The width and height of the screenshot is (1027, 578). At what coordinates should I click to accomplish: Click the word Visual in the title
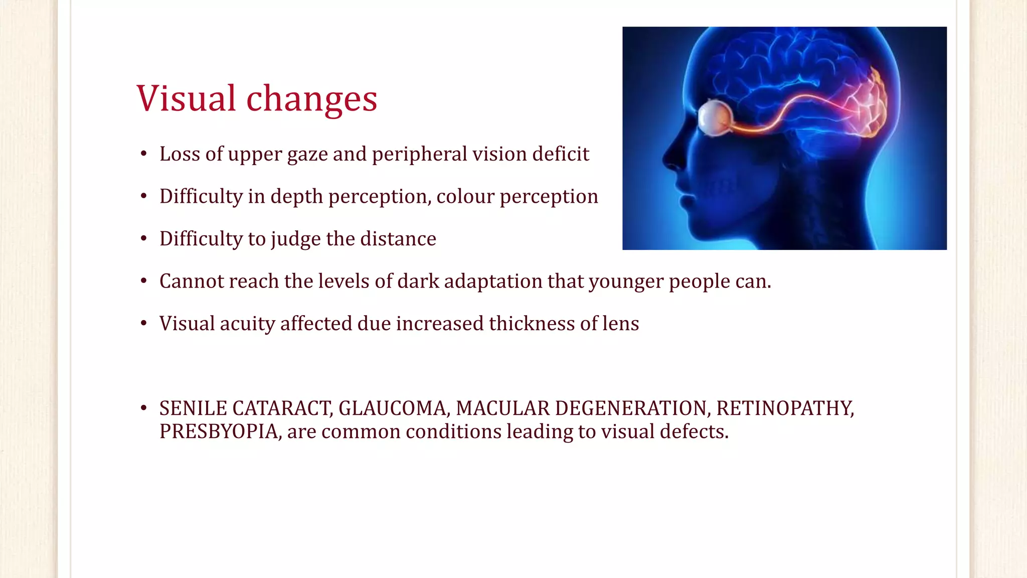tap(186, 98)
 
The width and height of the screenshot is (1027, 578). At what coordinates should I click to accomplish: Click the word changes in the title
tap(311, 99)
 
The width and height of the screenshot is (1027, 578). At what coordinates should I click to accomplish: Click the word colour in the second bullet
tap(465, 197)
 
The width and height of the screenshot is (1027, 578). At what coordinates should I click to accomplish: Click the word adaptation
tap(493, 281)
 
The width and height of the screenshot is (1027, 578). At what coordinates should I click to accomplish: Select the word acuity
tap(247, 324)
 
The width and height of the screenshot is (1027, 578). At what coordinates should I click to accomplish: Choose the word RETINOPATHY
tap(785, 408)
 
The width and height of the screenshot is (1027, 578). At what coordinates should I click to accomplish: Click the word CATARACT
tap(282, 408)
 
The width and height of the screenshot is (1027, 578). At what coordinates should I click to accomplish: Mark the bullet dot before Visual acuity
tap(144, 324)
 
